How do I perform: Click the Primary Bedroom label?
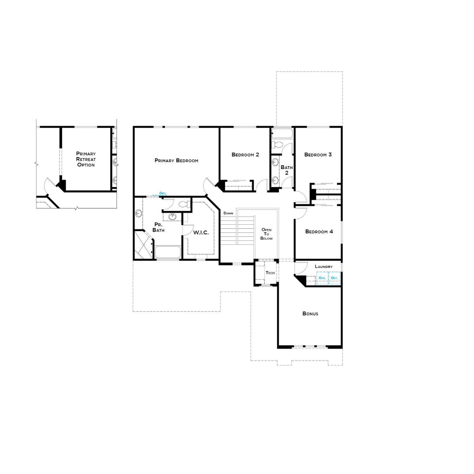[x=176, y=161]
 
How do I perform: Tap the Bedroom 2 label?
[x=245, y=155]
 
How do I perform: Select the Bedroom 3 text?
[x=318, y=155]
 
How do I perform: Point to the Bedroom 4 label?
[x=319, y=232]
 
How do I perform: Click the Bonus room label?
[x=310, y=314]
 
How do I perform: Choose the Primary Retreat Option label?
[x=86, y=159]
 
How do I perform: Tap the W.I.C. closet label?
[x=201, y=233]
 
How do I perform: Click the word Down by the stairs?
[x=228, y=213]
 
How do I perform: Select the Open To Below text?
[x=266, y=234]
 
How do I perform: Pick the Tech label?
[x=270, y=273]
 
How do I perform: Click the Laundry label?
[x=324, y=267]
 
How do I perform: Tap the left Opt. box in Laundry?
[x=322, y=278]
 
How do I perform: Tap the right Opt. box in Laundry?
[x=334, y=278]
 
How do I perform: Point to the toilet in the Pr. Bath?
[x=183, y=204]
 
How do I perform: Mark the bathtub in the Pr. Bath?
[x=167, y=252]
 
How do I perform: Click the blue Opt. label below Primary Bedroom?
[x=163, y=193]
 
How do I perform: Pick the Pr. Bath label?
[x=158, y=227]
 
